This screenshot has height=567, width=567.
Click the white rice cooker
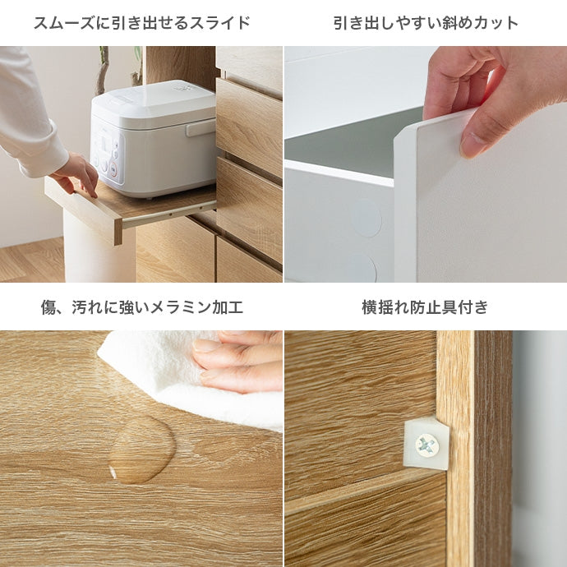[x=154, y=139]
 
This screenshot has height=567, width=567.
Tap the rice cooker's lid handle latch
[x=201, y=127]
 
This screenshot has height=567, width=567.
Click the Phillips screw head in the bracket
[x=427, y=445]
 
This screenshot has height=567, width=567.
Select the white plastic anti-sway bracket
[x=426, y=443]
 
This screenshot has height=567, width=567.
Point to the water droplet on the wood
[x=142, y=449]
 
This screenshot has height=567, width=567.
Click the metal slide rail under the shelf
[x=169, y=214]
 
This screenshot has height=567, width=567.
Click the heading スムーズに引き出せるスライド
[x=141, y=23]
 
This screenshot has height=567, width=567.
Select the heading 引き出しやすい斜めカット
[x=426, y=23]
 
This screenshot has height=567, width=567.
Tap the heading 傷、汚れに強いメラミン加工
[x=141, y=307]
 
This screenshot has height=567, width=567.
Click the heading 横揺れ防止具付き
[x=426, y=307]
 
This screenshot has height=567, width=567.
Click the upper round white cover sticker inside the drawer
[x=366, y=218]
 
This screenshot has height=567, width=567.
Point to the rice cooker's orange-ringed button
[x=113, y=168]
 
